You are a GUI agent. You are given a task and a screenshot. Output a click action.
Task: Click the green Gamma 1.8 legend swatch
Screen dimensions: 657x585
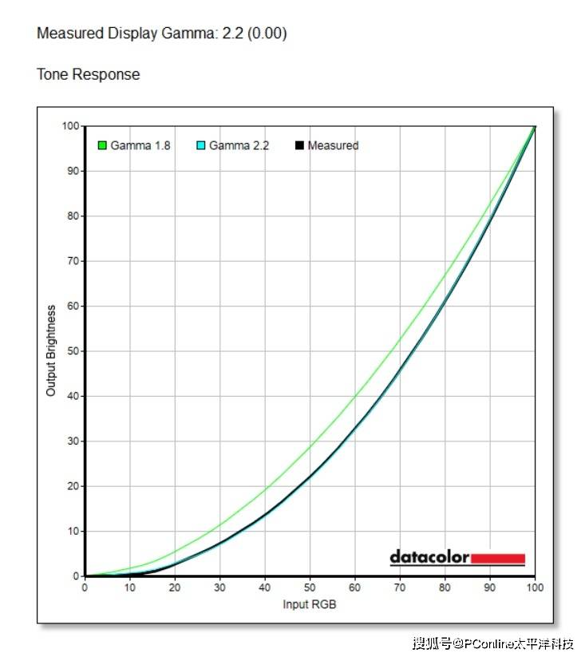pyautogui.click(x=102, y=145)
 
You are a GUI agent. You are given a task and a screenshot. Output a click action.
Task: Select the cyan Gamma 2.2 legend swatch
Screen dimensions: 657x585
pyautogui.click(x=201, y=145)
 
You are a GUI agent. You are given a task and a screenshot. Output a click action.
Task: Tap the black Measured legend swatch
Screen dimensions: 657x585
pyautogui.click(x=300, y=145)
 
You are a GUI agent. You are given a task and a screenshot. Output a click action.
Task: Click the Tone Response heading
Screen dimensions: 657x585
pyautogui.click(x=88, y=74)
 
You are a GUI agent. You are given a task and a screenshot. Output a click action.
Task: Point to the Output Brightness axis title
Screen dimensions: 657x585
pyautogui.click(x=51, y=350)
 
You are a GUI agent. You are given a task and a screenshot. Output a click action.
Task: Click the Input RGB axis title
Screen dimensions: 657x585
pyautogui.click(x=310, y=604)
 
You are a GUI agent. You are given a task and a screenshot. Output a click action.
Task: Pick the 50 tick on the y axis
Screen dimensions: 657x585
pyautogui.click(x=73, y=351)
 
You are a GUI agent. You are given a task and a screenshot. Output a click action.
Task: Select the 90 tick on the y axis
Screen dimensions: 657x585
pyautogui.click(x=73, y=171)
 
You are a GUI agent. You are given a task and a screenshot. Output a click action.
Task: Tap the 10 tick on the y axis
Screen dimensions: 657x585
pyautogui.click(x=73, y=531)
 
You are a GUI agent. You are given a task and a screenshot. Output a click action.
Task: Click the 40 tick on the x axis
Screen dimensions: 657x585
pyautogui.click(x=265, y=587)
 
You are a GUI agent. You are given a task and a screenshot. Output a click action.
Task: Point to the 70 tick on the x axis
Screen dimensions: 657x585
pyautogui.click(x=400, y=587)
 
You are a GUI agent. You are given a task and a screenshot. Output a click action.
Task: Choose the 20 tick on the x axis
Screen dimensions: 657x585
pyautogui.click(x=175, y=587)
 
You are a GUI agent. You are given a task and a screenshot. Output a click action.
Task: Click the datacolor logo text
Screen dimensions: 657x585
pyautogui.click(x=429, y=557)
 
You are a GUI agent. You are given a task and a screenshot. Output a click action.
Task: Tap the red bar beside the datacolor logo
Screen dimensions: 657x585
pyautogui.click(x=498, y=558)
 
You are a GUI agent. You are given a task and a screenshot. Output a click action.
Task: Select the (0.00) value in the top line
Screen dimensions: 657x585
pyautogui.click(x=267, y=34)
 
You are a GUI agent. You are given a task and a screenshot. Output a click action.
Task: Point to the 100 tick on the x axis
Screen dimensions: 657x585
pyautogui.click(x=535, y=587)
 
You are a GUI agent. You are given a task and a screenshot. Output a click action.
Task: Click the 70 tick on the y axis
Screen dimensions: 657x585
pyautogui.click(x=73, y=261)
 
